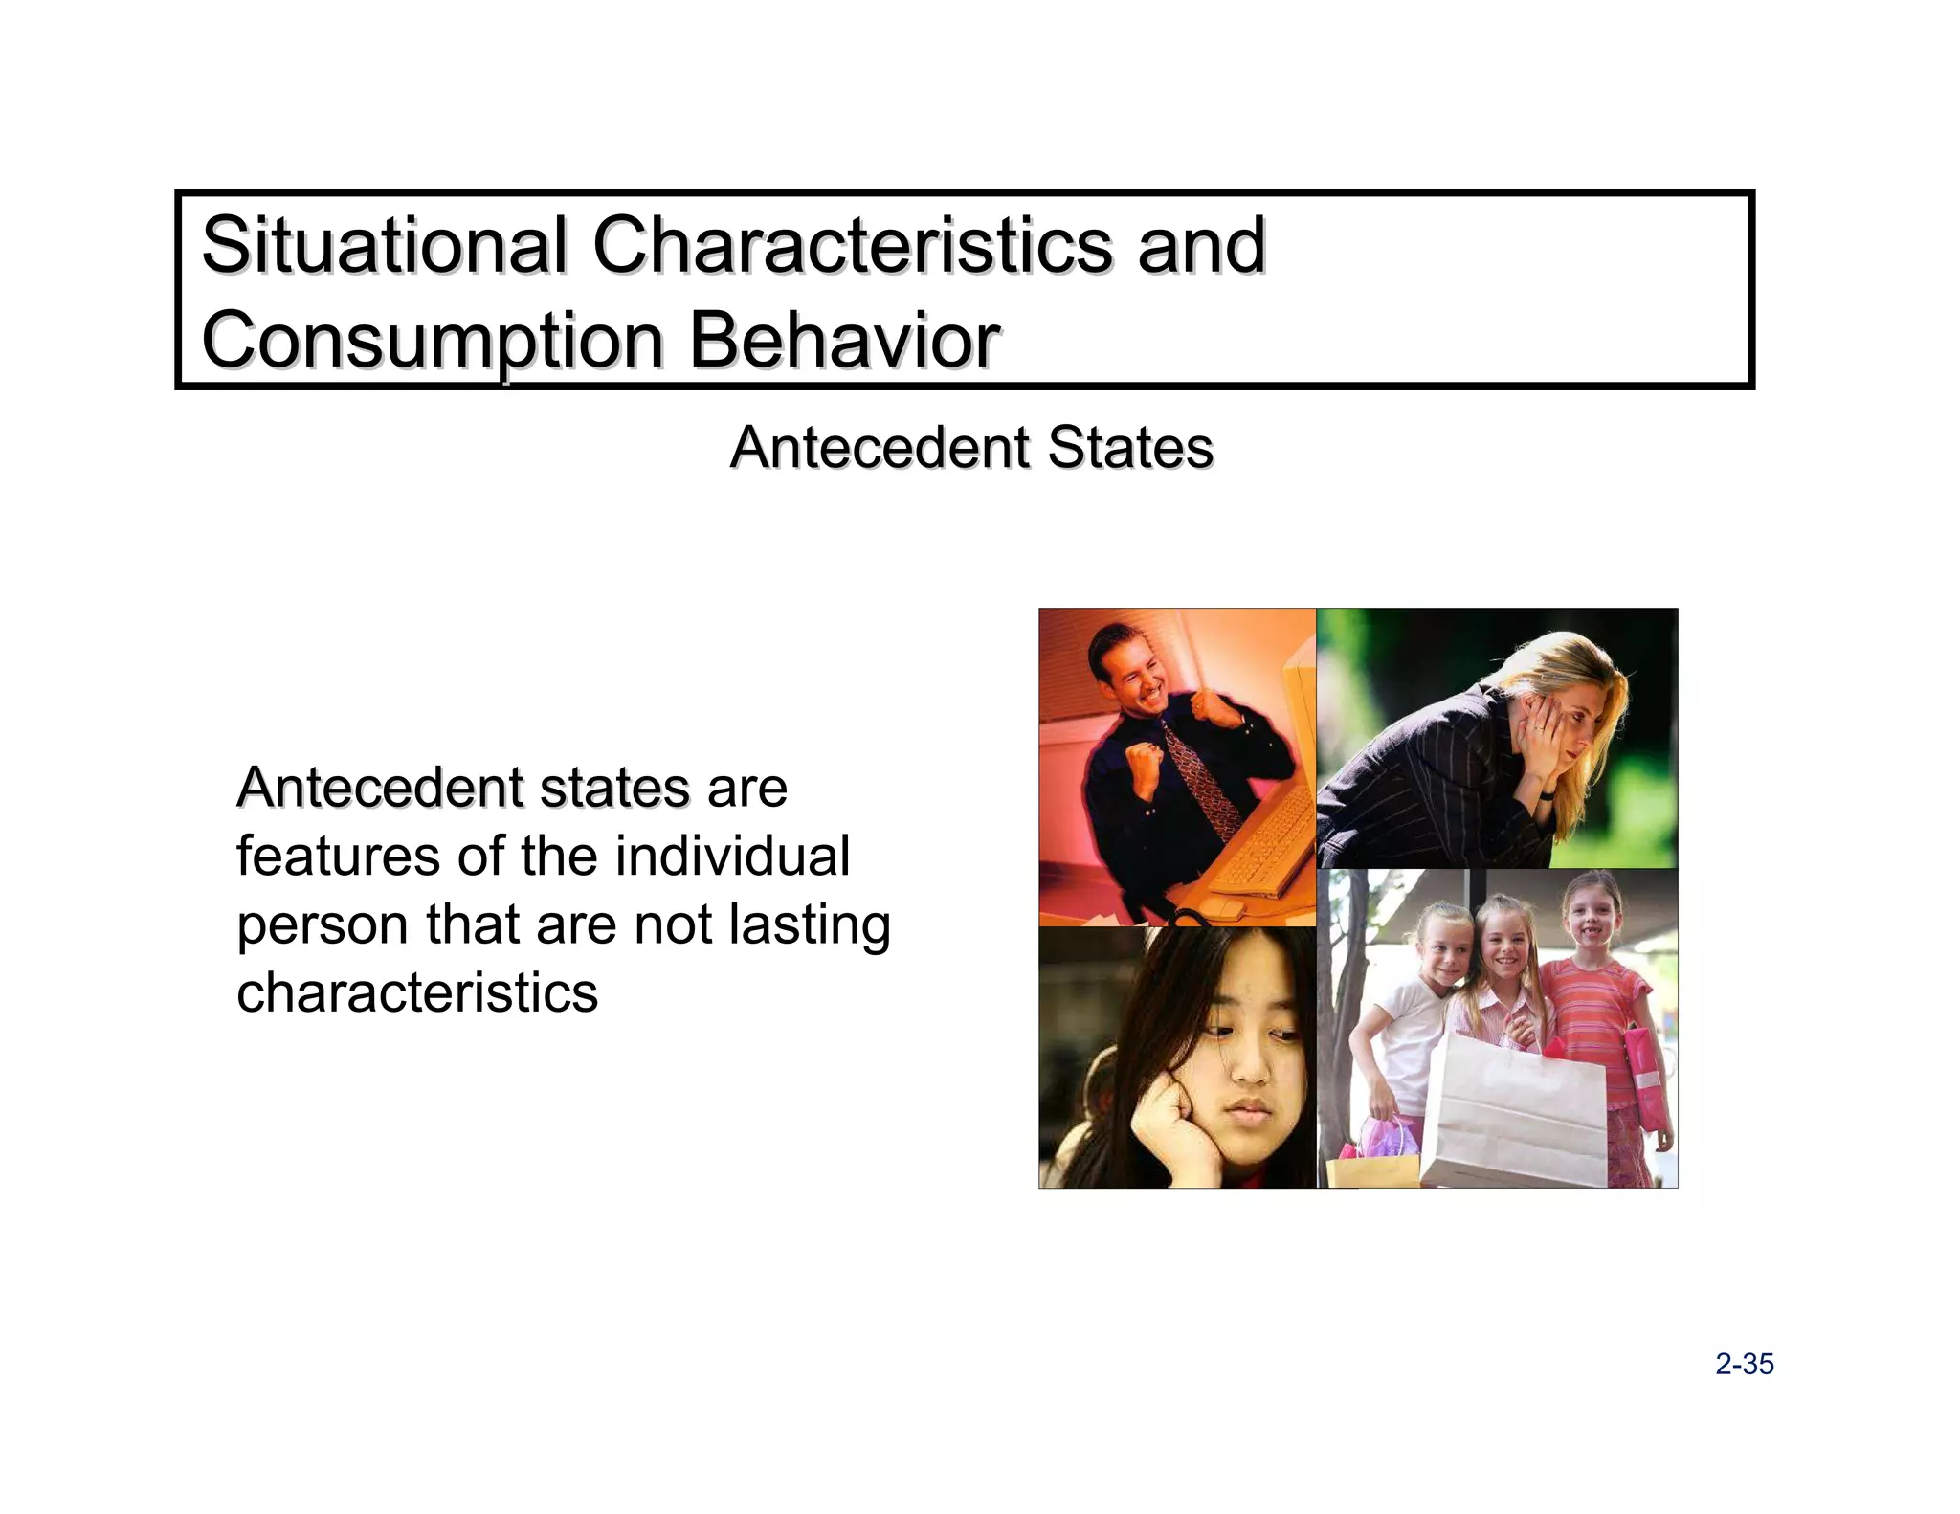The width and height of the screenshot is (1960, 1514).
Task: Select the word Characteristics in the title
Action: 852,245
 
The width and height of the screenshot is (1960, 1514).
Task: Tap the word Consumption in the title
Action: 433,341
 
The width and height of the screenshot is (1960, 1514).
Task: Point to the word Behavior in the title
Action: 844,341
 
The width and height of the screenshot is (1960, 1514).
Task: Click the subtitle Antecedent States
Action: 971,447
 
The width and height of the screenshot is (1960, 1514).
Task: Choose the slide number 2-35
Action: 1744,1364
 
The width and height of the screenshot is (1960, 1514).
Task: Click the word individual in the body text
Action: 732,856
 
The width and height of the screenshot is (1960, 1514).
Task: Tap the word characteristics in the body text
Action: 417,992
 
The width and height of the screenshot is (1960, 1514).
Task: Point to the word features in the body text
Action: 338,856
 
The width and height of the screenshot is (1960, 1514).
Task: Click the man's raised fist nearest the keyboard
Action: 1144,761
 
